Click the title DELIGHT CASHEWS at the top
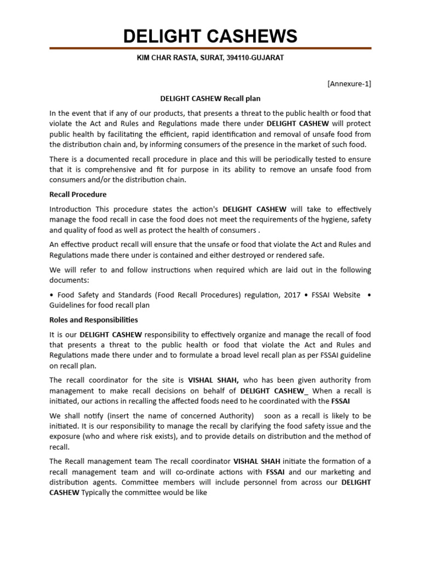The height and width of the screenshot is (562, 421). tap(210, 36)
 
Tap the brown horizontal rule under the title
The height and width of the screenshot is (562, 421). tap(210, 49)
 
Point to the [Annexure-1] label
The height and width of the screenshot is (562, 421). tap(349, 84)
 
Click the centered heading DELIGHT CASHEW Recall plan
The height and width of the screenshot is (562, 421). tap(210, 99)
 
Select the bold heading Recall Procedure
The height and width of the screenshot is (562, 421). tap(78, 194)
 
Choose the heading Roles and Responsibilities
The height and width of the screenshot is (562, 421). tap(94, 319)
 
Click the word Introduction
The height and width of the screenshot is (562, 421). tap(71, 209)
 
